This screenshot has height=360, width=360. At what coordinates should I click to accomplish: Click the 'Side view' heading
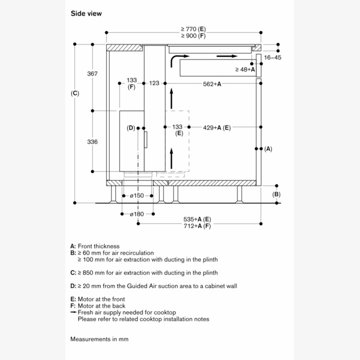tap(86, 13)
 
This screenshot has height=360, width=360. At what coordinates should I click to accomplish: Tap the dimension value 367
tap(92, 74)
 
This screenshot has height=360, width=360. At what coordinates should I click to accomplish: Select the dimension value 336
tap(92, 142)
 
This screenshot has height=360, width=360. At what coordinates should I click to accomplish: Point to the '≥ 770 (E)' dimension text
tap(193, 28)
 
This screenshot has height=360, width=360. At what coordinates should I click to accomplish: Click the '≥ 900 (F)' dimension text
tap(193, 36)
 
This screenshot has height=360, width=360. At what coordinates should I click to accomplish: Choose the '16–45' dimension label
tap(272, 58)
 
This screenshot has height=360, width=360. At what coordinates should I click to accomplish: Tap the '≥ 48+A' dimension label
tap(245, 70)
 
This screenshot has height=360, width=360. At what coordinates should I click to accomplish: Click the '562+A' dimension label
tap(212, 83)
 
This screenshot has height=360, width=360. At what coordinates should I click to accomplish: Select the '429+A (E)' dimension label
tap(217, 127)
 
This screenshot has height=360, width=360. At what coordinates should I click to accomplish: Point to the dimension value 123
tap(154, 83)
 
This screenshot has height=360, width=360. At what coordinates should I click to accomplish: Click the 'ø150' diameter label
tap(137, 196)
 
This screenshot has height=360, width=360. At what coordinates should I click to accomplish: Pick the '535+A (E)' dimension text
tap(198, 219)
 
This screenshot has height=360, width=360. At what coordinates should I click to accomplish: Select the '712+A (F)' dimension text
tap(198, 226)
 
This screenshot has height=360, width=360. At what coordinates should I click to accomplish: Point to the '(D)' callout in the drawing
tap(131, 128)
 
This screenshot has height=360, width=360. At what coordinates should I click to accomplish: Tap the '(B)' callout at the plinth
tap(276, 194)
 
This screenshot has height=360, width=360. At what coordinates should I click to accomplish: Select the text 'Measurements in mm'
tap(99, 339)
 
